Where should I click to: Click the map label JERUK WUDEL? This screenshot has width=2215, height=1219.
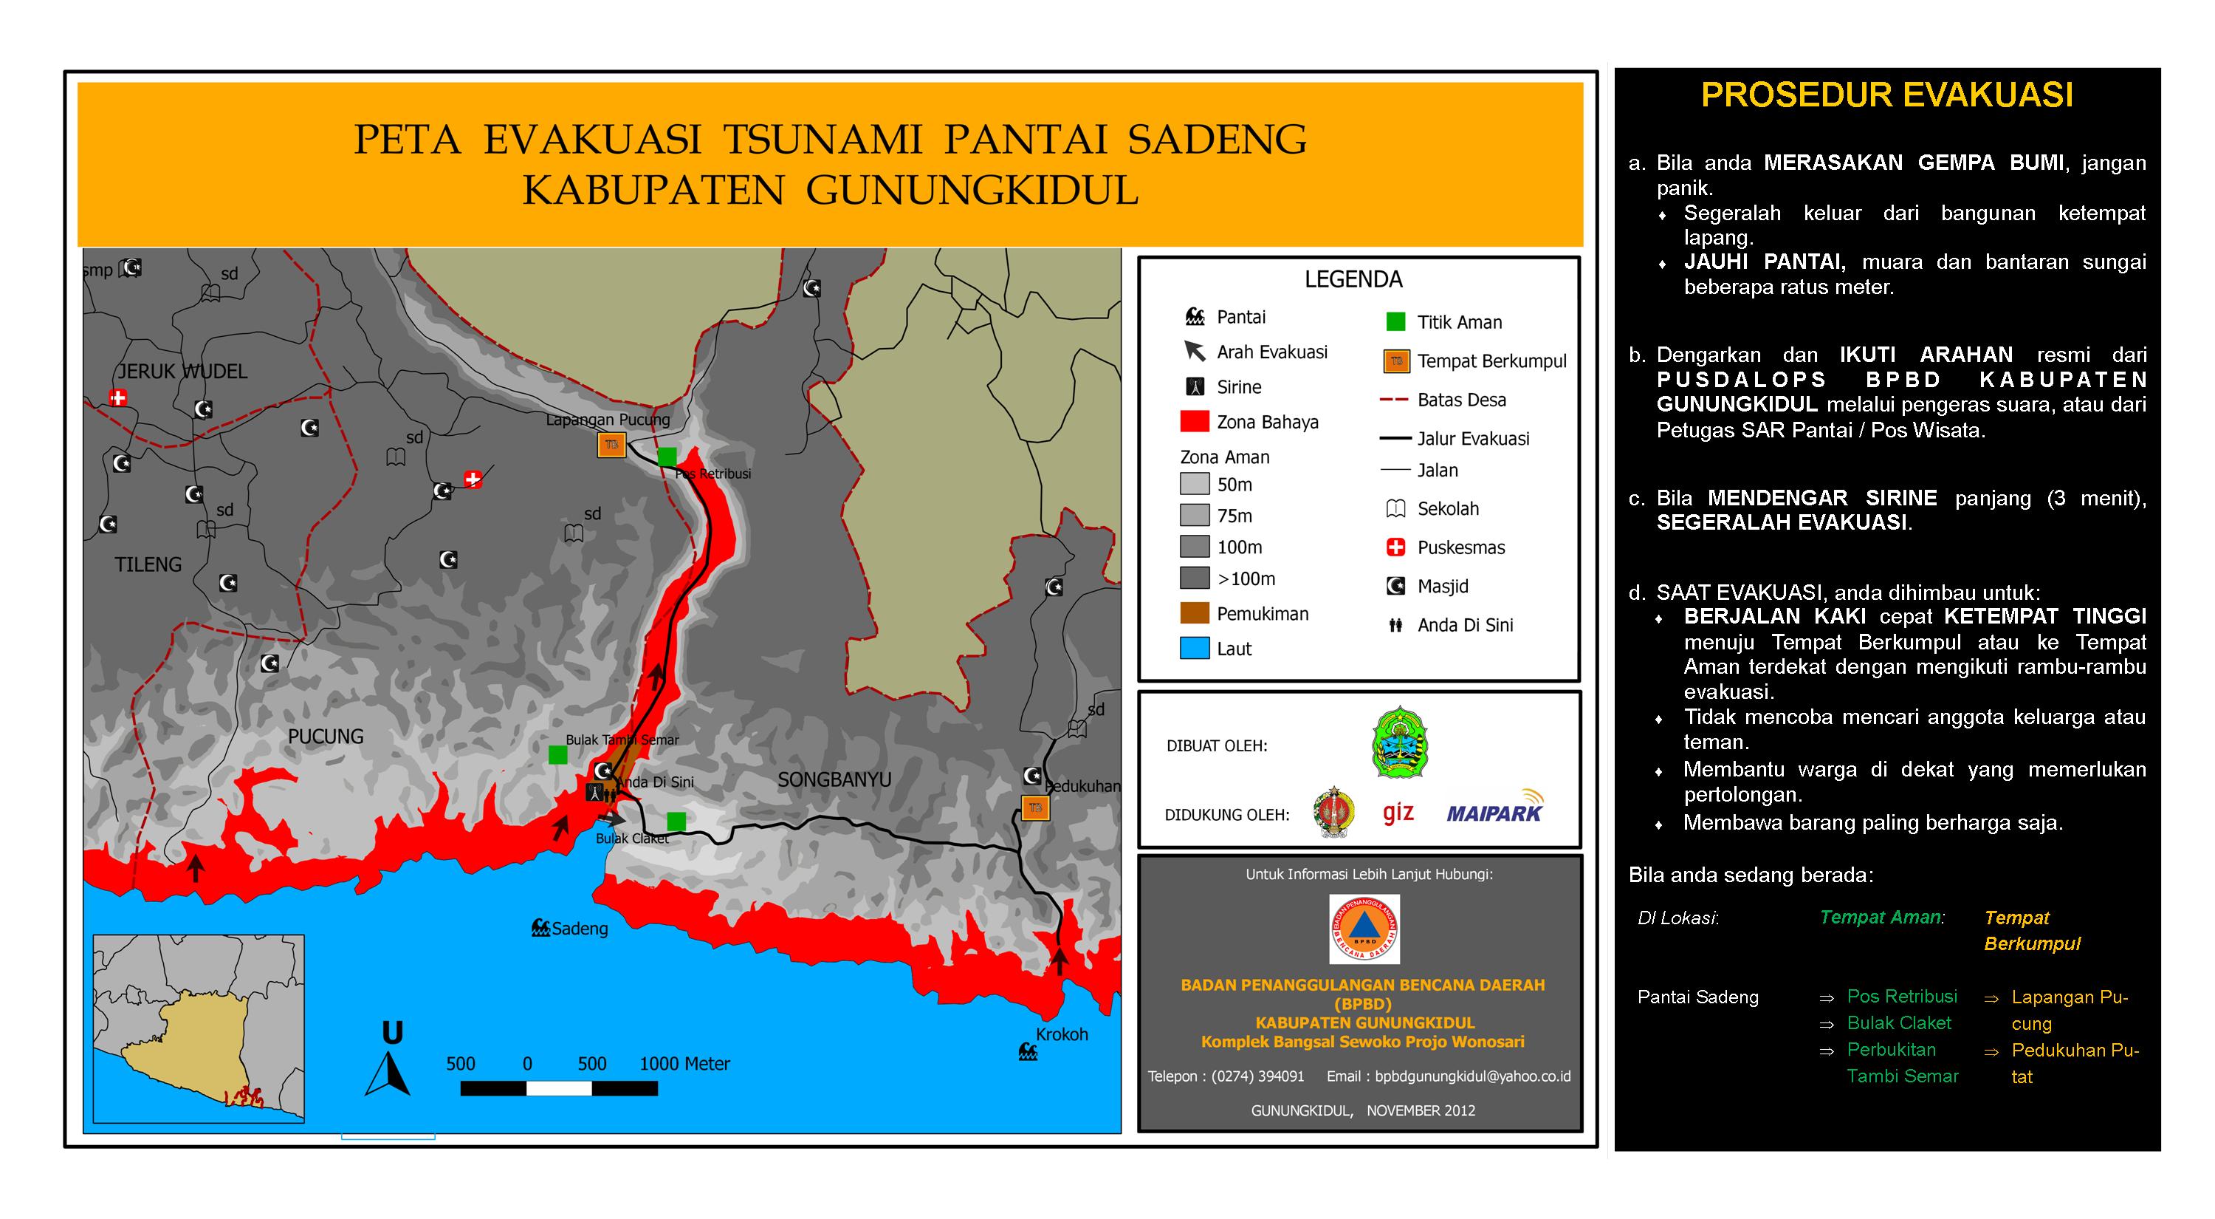[182, 372]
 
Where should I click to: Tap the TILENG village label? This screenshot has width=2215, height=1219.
[148, 564]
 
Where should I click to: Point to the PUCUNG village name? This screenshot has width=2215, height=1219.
[325, 737]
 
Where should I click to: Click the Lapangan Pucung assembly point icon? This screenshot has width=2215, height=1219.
[611, 445]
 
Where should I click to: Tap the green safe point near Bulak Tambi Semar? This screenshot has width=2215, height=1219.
[558, 754]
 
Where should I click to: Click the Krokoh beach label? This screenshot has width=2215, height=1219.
[1062, 1034]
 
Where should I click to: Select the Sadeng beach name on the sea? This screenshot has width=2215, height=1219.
[579, 928]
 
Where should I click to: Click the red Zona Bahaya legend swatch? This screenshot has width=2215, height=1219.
[1195, 422]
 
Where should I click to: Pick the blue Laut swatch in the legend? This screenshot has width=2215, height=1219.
[1195, 649]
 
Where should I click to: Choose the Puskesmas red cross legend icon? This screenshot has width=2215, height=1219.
[1395, 547]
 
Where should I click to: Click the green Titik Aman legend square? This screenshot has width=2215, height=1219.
[1395, 321]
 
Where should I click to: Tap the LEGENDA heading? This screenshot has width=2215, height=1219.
[1353, 279]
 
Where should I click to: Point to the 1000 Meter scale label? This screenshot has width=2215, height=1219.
[684, 1063]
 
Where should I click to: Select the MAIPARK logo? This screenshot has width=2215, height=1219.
[1494, 810]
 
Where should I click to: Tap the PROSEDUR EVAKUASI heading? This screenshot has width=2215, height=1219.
[1886, 95]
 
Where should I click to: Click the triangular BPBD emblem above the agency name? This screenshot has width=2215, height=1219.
[1364, 929]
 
